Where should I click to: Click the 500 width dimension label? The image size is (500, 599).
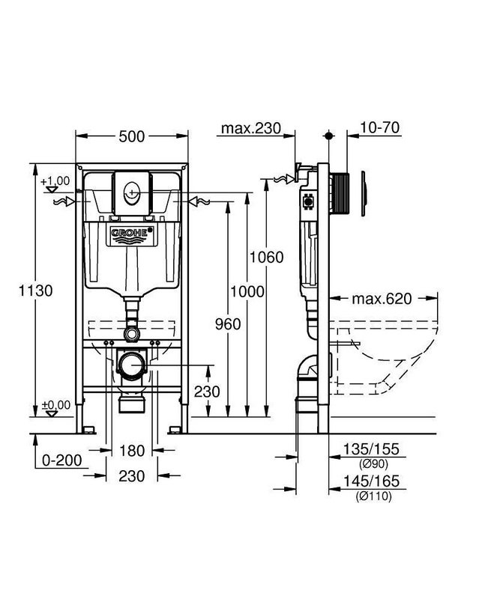click(132, 136)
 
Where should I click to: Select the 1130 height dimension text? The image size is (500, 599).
click(35, 291)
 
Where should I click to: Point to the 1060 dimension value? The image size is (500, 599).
click(267, 257)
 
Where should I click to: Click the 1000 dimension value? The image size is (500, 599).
click(247, 292)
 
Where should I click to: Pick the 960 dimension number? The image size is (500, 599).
click(228, 324)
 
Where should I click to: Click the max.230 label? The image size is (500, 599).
click(251, 128)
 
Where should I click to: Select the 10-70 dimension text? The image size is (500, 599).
click(380, 127)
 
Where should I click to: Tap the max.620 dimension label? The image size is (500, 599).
click(382, 299)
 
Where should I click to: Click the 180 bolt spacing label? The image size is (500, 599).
click(132, 451)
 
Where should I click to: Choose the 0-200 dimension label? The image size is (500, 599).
click(62, 460)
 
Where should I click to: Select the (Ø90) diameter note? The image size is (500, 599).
click(373, 464)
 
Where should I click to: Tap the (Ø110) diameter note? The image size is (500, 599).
click(373, 496)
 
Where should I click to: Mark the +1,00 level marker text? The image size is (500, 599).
click(55, 180)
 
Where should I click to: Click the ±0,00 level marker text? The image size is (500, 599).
click(56, 404)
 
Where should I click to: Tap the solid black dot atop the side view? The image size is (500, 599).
click(328, 136)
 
